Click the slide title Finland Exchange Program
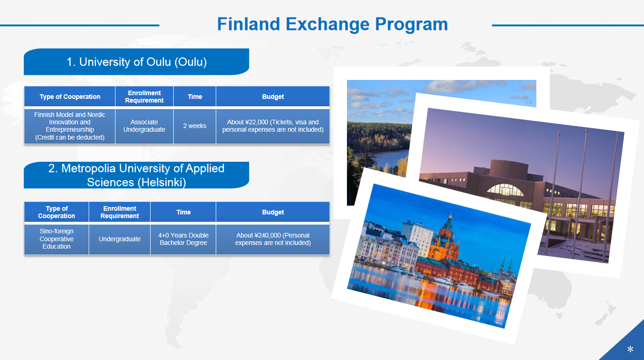click(x=332, y=24)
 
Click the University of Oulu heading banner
click(x=136, y=62)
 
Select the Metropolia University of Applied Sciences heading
click(x=136, y=175)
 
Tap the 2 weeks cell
click(x=194, y=126)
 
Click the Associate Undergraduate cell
click(x=144, y=126)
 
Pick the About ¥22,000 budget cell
click(x=273, y=126)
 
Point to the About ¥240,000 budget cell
click(x=273, y=239)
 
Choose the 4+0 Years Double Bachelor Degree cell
click(x=183, y=239)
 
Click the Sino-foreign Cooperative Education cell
click(x=57, y=239)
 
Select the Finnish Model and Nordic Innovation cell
click(x=70, y=126)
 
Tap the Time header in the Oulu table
click(x=194, y=97)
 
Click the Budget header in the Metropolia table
click(x=273, y=212)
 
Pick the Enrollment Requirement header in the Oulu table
click(x=144, y=97)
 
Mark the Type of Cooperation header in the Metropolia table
click(x=57, y=212)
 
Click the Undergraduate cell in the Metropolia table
click(x=120, y=239)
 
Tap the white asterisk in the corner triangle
click(x=630, y=349)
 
